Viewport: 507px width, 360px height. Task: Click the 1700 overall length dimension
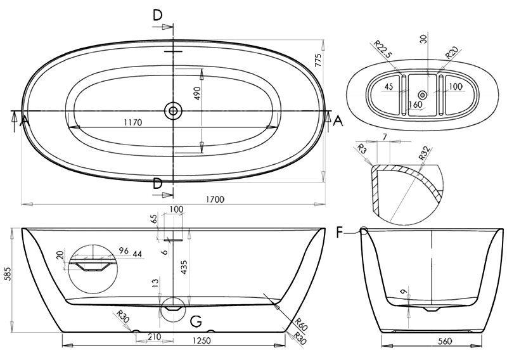coord(215,199)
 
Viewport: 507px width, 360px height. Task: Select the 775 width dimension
coord(318,60)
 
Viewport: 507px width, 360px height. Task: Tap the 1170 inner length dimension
coord(133,122)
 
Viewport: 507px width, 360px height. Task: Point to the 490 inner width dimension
coord(198,93)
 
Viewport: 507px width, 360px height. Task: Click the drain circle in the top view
coord(173,111)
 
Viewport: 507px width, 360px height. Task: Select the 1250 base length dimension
coord(202,340)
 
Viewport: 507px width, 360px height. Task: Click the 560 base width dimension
coord(446,341)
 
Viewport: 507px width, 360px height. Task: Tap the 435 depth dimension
coord(183,267)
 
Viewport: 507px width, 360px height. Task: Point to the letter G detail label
coord(196,321)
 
